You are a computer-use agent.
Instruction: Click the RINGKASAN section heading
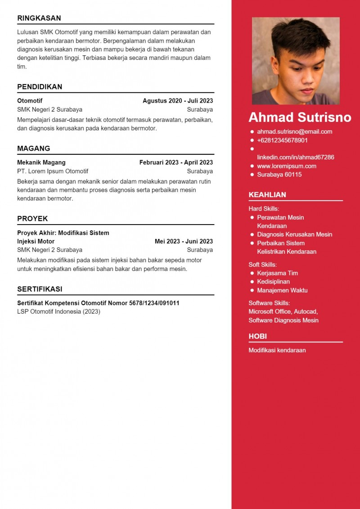39,18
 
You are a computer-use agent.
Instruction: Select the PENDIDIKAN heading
40,87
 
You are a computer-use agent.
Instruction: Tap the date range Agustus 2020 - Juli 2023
178,101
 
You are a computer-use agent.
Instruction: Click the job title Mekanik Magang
41,162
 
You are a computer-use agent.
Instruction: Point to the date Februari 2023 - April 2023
176,162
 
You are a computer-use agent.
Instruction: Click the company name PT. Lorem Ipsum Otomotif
53,171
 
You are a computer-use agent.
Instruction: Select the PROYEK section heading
32,219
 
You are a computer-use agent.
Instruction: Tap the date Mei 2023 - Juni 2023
184,241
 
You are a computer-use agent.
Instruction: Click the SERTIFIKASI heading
40,289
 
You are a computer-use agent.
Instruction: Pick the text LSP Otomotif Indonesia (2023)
58,311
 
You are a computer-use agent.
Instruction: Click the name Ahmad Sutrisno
300,117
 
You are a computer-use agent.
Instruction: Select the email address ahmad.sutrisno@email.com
294,132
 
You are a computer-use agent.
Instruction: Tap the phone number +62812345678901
282,140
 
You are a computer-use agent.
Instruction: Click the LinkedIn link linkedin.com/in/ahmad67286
295,158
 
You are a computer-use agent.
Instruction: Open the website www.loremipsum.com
286,166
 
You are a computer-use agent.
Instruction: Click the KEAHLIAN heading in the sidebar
267,195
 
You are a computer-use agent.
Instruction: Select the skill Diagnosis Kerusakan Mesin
294,234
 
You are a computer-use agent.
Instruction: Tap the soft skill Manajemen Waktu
282,290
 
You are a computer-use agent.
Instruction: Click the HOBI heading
257,337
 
